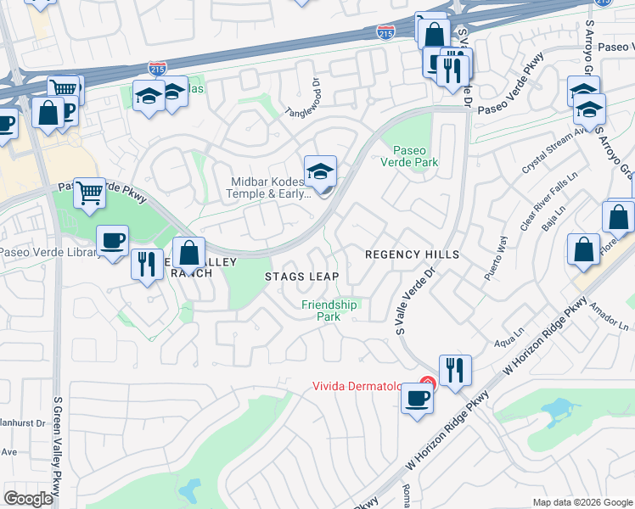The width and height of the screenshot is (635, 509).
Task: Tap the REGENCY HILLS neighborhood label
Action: pyautogui.click(x=412, y=255)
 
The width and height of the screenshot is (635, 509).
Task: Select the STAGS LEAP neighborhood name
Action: pyautogui.click(x=301, y=277)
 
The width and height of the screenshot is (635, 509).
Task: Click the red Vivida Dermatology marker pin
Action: pyautogui.click(x=429, y=384)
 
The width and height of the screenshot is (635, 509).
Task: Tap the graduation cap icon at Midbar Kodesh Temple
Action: pyautogui.click(x=321, y=172)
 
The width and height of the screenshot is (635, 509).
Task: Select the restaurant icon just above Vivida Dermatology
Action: pyautogui.click(x=455, y=370)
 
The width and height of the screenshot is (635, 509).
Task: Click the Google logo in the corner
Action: pyautogui.click(x=28, y=499)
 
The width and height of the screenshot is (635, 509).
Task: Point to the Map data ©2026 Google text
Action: pyautogui.click(x=582, y=502)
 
